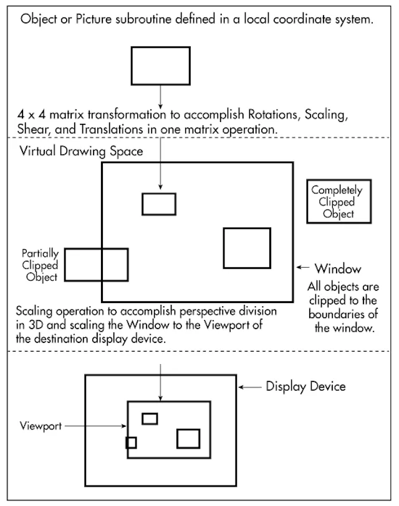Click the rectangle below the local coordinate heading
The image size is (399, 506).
[x=160, y=65]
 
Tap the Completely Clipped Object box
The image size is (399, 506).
[x=337, y=202]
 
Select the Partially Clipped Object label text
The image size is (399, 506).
[x=41, y=265]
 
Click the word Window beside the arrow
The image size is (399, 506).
[x=337, y=269]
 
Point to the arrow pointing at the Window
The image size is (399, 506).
[x=303, y=268]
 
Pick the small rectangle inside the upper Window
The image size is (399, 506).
[x=158, y=204]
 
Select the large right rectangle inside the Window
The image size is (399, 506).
[x=247, y=248]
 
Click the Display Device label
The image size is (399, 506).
[x=305, y=387]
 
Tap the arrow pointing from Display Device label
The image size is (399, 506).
[x=251, y=387]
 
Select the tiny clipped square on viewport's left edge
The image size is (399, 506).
[x=131, y=443]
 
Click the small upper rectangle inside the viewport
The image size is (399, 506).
[x=150, y=418]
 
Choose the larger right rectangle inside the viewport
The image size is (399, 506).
[x=188, y=438]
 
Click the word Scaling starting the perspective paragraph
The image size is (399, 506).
[x=35, y=311]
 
